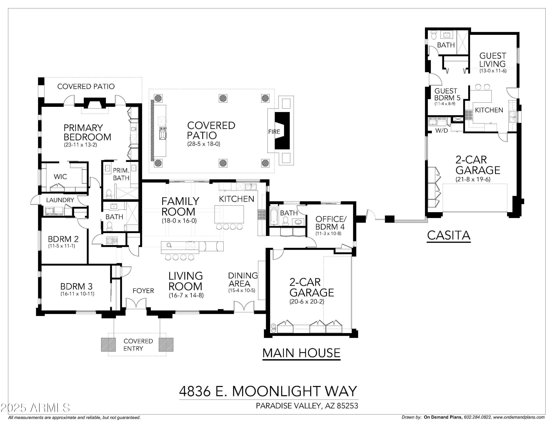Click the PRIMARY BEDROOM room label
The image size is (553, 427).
click(x=87, y=132)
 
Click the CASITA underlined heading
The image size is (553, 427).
click(x=448, y=235)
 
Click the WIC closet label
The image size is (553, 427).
click(x=60, y=177)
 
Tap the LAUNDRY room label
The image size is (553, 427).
click(x=60, y=200)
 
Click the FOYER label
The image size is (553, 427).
click(x=143, y=291)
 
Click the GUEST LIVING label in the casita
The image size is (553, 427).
click(x=493, y=60)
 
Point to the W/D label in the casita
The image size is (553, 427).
click(x=442, y=131)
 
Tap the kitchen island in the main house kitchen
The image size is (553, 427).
click(x=229, y=214)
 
